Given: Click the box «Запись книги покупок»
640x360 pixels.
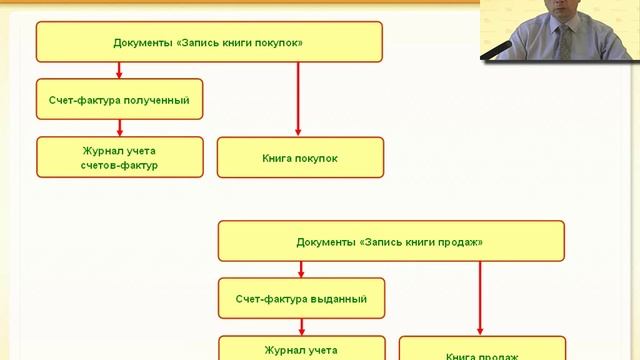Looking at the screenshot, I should [x=209, y=43].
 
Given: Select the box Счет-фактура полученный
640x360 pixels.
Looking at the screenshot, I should [x=119, y=100].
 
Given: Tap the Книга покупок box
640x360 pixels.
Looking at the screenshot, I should [x=300, y=158].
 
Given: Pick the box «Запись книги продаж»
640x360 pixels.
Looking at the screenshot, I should [x=390, y=241].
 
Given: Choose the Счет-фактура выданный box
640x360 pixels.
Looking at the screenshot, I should [x=301, y=298].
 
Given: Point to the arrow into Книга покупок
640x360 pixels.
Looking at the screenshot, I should [x=299, y=99].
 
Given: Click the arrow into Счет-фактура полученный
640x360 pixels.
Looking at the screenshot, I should [x=119, y=71].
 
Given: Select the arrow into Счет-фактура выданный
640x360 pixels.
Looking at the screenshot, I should [x=301, y=269].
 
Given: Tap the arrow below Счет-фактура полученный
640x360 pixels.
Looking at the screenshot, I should [x=119, y=127].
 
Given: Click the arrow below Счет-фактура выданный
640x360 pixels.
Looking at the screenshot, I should [x=301, y=325].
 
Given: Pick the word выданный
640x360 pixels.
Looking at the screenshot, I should [x=338, y=298].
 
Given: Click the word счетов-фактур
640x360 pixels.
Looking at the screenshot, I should [x=119, y=165].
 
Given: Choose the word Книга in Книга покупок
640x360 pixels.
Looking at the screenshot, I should [x=278, y=158].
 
